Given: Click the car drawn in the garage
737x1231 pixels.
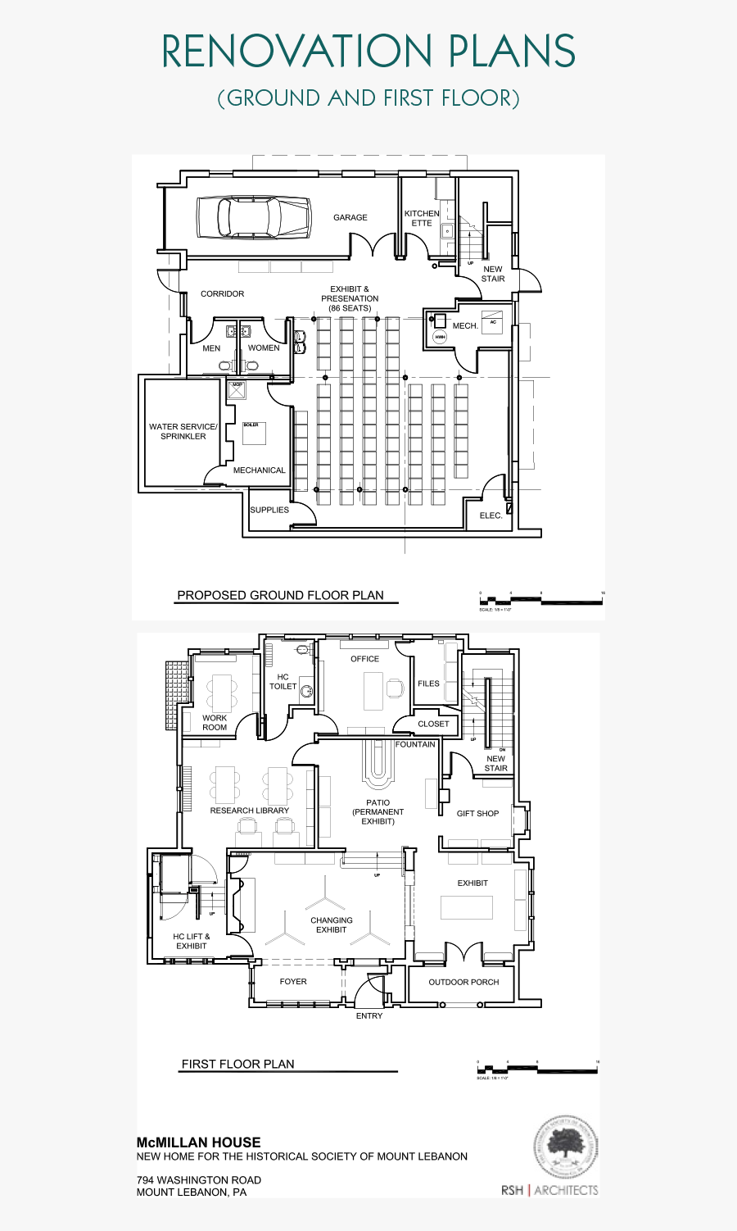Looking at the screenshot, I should coord(253,217).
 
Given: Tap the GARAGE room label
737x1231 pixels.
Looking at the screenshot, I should coord(350,218).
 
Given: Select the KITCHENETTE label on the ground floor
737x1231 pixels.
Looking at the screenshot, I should coord(422,218).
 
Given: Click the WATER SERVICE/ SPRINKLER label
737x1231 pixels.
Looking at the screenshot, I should coord(183,432).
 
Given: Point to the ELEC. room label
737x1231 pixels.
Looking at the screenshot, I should coord(491,516).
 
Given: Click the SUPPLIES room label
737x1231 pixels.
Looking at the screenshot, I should coord(269,510).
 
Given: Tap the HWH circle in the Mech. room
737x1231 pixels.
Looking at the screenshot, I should coord(440,337).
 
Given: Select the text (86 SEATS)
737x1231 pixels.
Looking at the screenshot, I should coord(350,308).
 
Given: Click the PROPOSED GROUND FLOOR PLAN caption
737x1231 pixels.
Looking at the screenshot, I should coord(280,596).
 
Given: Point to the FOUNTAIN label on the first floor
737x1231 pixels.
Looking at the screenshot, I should coord(415,744).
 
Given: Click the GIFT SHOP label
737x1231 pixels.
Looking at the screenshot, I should coord(477,814).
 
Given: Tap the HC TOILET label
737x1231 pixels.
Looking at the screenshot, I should coord(283,682).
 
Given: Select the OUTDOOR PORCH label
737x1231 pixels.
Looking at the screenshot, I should coord(463,982).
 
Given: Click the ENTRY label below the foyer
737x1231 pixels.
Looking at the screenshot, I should coord(369,1016).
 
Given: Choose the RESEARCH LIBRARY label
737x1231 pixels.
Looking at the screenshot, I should coord(250,811).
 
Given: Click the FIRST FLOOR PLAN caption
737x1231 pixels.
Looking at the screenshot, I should coord(237,1065).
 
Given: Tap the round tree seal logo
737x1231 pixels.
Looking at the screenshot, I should coord(566,1147).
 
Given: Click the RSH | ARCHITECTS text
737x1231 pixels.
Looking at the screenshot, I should coord(549,1190).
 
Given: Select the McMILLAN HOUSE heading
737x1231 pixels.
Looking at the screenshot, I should coord(198,1142).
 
